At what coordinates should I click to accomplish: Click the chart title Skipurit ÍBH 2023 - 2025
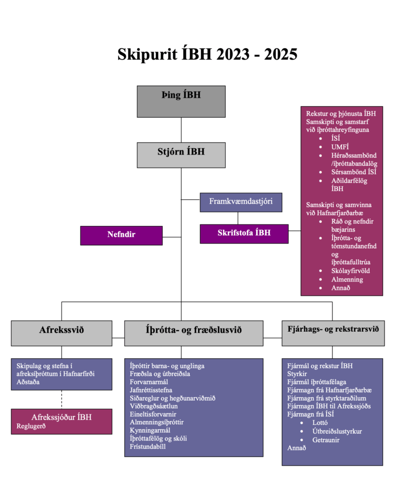pos(208,54)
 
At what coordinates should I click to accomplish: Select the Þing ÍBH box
pos(181,101)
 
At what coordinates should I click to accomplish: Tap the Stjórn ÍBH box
pos(181,155)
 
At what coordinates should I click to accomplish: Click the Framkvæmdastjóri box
pos(241,202)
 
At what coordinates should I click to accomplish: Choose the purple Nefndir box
pos(121,235)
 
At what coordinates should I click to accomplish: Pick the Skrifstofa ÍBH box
pos(244,233)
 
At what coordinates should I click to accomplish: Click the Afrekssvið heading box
pos(61,333)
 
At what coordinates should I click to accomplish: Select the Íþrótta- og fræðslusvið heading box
pos(193,333)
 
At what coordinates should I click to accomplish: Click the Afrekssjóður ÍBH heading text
pos(61,417)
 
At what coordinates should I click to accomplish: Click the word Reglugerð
pos(31,426)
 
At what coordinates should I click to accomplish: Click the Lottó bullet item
pos(320,423)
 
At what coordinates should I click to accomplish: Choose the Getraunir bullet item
pos(326,440)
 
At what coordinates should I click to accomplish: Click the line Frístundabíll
pos(148,447)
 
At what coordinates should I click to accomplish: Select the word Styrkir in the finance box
pos(297,374)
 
